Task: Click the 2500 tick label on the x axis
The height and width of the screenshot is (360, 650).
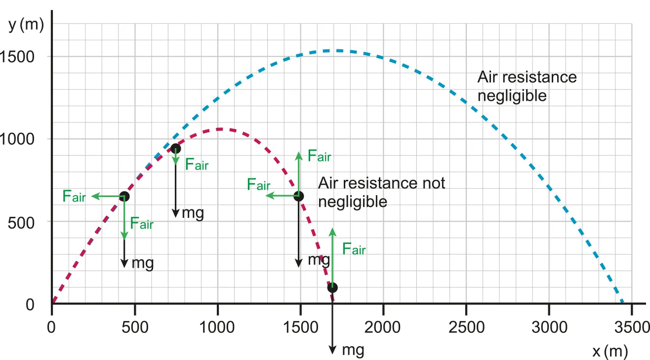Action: [x=466, y=326]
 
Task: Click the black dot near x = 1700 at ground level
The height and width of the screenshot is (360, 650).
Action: [x=333, y=287]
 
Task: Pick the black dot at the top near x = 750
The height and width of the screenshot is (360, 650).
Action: [x=175, y=148]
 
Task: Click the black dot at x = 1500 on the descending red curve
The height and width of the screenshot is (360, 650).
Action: [x=298, y=196]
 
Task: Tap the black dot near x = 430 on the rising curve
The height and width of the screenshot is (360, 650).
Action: [x=124, y=197]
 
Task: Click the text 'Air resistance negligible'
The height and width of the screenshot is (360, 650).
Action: [x=527, y=86]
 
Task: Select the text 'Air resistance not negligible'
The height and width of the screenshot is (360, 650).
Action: [x=381, y=192]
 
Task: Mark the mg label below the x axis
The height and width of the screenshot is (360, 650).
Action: [x=353, y=350]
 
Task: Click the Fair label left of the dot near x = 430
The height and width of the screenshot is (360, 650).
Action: [x=74, y=196]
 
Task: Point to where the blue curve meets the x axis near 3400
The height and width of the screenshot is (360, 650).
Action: [x=623, y=303]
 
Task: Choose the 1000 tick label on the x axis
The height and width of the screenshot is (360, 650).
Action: [x=217, y=326]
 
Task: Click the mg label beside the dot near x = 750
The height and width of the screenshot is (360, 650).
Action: [x=193, y=213]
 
